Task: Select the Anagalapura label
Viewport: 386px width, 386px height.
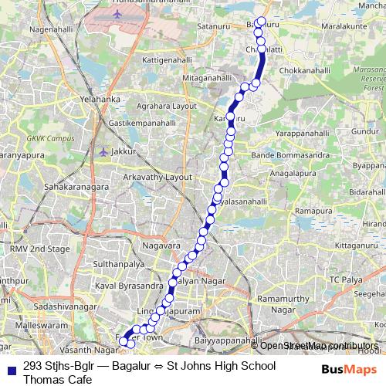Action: click(313, 174)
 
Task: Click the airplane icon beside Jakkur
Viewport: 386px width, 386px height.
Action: click(104, 151)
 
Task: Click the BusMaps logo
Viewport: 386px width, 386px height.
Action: click(349, 369)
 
